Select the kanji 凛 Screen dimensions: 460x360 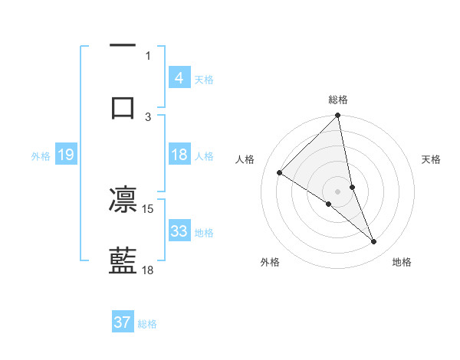(123, 201)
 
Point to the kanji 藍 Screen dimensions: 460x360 (123, 260)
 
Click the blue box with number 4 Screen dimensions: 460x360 (179, 78)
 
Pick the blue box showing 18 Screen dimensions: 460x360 (179, 155)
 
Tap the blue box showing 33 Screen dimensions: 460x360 (179, 231)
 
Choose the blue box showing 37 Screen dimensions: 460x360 (123, 322)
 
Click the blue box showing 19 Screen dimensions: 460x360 (66, 155)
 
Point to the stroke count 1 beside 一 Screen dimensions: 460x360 (148, 56)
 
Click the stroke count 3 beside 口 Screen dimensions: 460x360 (148, 116)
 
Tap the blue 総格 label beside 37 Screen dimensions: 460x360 (147, 324)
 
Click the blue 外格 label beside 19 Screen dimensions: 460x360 (41, 156)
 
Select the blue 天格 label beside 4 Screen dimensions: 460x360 (204, 80)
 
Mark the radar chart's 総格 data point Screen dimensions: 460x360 (337, 116)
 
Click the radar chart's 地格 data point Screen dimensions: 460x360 (374, 242)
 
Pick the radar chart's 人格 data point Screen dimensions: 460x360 (280, 173)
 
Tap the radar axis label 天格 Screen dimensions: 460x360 (432, 159)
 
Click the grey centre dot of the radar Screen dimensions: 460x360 (337, 191)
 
